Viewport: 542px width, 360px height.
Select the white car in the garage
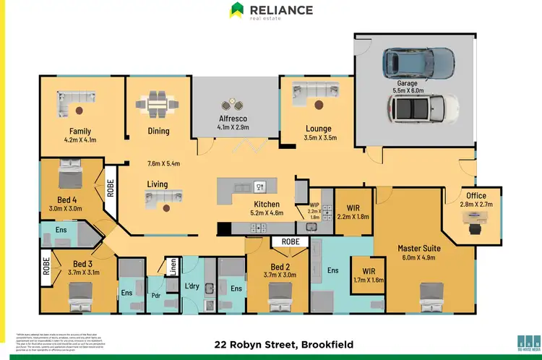tap(421, 110)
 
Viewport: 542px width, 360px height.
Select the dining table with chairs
tap(157, 105)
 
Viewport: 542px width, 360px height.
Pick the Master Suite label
tap(419, 248)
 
